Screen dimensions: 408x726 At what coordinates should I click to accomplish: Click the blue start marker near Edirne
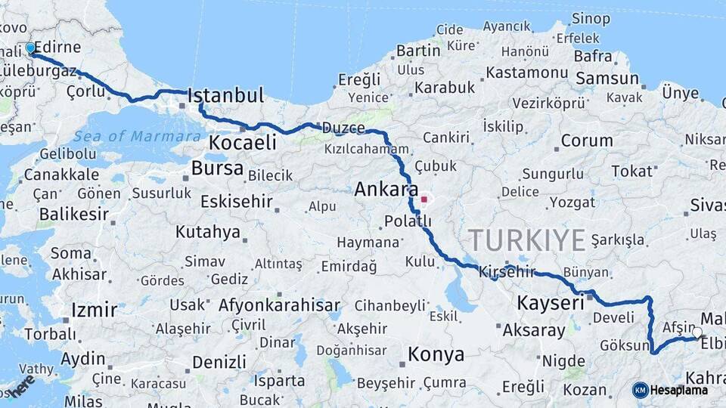pyautogui.click(x=30, y=48)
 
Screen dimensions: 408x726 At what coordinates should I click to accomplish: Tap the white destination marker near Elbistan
pyautogui.click(x=697, y=332)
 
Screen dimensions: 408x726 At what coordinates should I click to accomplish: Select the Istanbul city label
pyautogui.click(x=225, y=96)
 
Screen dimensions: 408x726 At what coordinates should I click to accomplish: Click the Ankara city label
pyautogui.click(x=386, y=189)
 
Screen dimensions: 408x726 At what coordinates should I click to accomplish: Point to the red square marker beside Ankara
pyautogui.click(x=424, y=200)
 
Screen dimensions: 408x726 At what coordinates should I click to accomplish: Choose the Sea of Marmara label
pyautogui.click(x=138, y=137)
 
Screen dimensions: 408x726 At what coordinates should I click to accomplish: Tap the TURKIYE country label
pyautogui.click(x=527, y=240)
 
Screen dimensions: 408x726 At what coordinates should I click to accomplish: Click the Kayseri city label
pyautogui.click(x=550, y=303)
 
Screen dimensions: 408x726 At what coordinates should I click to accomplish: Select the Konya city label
pyautogui.click(x=436, y=354)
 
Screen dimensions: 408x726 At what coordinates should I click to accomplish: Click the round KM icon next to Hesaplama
pyautogui.click(x=640, y=390)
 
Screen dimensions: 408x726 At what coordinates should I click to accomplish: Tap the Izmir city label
pyautogui.click(x=94, y=310)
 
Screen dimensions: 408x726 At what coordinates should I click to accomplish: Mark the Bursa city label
pyautogui.click(x=217, y=168)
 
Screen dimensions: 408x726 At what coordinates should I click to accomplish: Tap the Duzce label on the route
pyautogui.click(x=343, y=128)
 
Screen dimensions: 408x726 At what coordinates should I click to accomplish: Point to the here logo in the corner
pyautogui.click(x=20, y=386)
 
